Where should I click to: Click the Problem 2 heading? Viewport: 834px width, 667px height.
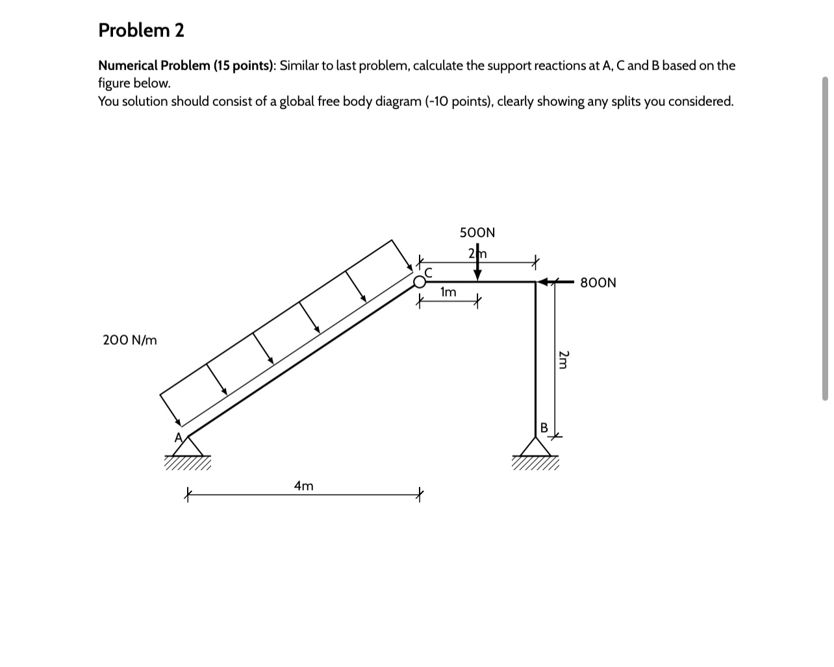click(141, 30)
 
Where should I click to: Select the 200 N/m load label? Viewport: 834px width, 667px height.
click(130, 340)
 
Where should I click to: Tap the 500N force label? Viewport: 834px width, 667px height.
click(477, 233)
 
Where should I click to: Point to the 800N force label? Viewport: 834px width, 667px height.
click(598, 283)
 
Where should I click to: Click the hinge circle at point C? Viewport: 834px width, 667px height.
click(420, 282)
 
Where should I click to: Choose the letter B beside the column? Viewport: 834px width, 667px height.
click(544, 427)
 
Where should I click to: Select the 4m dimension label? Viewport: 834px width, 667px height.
click(303, 486)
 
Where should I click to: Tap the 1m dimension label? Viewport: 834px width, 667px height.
click(448, 293)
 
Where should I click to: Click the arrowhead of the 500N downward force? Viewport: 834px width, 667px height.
click(477, 275)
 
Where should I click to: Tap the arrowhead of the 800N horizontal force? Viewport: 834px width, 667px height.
click(542, 282)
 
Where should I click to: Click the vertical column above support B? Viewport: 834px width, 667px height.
click(535, 357)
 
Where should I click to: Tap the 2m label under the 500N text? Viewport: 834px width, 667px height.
click(477, 253)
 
